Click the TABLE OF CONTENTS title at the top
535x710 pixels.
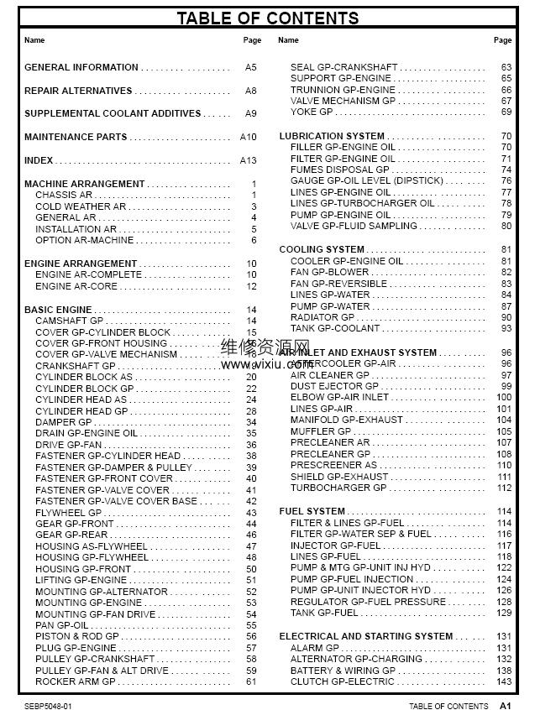coord(267,18)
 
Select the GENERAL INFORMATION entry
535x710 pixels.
coord(81,67)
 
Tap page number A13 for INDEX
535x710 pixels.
coord(248,160)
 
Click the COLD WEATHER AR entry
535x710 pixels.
coord(81,206)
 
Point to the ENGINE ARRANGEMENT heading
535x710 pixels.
coord(81,264)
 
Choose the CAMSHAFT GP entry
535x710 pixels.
coord(70,321)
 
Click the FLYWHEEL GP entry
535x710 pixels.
coord(68,513)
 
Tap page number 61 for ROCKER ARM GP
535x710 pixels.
coord(251,681)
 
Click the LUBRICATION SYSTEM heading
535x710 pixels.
coord(332,136)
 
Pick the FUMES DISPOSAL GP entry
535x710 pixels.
coord(339,170)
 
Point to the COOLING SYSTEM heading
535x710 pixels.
coord(322,249)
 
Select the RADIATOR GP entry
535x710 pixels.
coord(323,317)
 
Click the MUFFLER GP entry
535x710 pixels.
coord(321,431)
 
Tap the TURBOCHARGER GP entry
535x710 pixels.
coord(338,488)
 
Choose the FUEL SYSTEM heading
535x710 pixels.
coord(312,511)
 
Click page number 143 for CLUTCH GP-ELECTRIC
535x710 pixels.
coord(504,681)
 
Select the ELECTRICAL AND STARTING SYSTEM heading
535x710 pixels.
coord(365,636)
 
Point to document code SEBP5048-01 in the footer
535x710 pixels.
coord(49,706)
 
